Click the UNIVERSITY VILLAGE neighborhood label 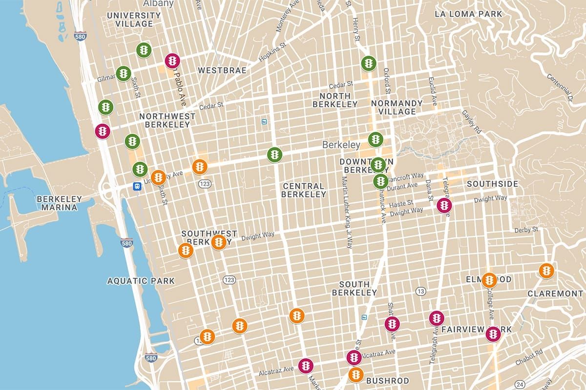point(133,20)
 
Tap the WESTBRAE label point(222,71)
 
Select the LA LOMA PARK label point(468,14)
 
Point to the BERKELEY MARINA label point(57,203)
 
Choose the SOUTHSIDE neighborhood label point(492,184)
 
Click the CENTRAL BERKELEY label point(303,190)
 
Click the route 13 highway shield point(420,292)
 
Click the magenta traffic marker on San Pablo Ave point(172,61)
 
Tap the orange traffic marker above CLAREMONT point(546,271)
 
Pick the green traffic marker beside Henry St point(368,63)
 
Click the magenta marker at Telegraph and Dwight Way point(444,206)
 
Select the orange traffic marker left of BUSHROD point(356,375)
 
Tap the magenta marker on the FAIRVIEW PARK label point(493,334)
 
